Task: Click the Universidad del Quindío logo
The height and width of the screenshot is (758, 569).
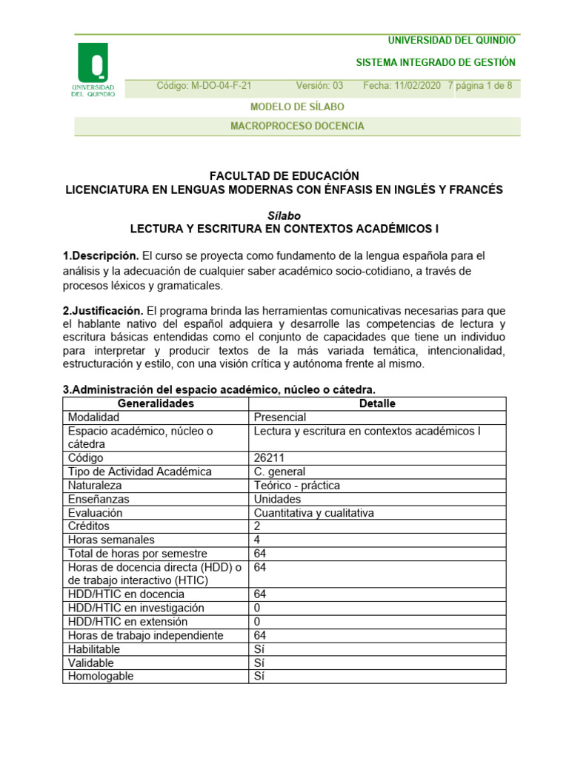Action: pyautogui.click(x=93, y=70)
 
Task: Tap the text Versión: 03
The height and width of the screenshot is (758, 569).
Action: pyautogui.click(x=320, y=86)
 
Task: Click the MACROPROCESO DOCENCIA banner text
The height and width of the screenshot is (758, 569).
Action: pyautogui.click(x=297, y=127)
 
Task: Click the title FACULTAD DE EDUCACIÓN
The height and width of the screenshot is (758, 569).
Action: pyautogui.click(x=284, y=175)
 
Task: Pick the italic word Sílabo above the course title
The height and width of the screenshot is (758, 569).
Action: pyautogui.click(x=284, y=215)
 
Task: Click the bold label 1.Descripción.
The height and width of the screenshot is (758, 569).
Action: pyautogui.click(x=101, y=256)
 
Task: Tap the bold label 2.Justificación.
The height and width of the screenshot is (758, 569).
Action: pyautogui.click(x=103, y=310)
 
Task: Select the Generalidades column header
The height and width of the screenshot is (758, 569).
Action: pyautogui.click(x=156, y=403)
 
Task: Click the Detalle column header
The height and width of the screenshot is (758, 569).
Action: pyautogui.click(x=377, y=403)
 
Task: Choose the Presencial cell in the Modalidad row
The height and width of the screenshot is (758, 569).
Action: pyautogui.click(x=280, y=417)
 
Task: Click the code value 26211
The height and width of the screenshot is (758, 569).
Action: pyautogui.click(x=269, y=458)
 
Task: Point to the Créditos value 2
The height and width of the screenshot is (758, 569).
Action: pyautogui.click(x=257, y=526)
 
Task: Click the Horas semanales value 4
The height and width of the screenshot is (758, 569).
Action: pyautogui.click(x=257, y=540)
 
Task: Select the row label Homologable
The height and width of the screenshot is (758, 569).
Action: pyautogui.click(x=101, y=676)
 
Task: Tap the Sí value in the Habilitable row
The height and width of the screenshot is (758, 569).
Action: pyautogui.click(x=259, y=649)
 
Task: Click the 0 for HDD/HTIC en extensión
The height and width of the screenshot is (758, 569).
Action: pyautogui.click(x=257, y=622)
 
